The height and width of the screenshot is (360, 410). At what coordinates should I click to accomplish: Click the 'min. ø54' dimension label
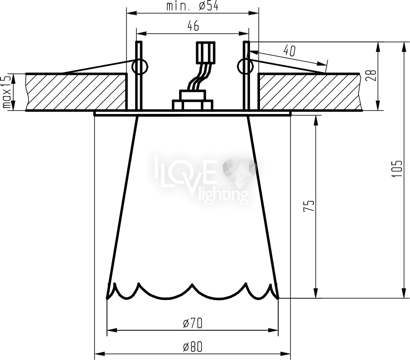(192, 6)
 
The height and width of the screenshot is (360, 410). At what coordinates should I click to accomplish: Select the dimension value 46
(193, 26)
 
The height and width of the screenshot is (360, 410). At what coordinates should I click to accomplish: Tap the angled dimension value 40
(289, 51)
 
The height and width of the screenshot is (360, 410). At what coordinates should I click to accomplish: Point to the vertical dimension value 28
(373, 75)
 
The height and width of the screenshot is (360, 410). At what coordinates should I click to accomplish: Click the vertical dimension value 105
(396, 169)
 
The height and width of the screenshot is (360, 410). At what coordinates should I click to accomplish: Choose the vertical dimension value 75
(308, 206)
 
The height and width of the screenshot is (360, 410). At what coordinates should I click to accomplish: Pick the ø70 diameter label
(193, 324)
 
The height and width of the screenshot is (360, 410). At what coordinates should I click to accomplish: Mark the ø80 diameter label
(193, 347)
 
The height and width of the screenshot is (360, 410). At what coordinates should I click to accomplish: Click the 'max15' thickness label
(7, 92)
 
